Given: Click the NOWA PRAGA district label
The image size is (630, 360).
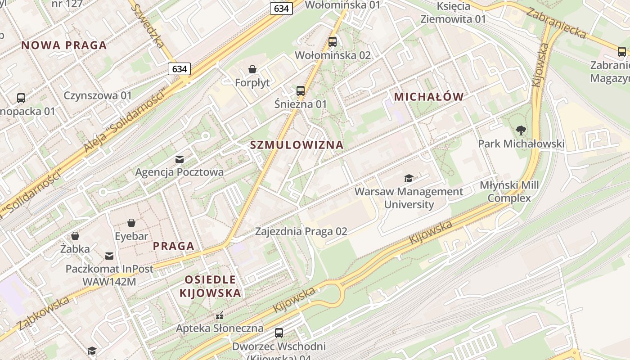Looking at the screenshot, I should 64,45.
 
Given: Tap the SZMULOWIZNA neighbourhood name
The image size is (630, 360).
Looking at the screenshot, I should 297,145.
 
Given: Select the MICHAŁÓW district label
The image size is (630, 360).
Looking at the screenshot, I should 428,97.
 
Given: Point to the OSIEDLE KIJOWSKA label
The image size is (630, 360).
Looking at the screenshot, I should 210,287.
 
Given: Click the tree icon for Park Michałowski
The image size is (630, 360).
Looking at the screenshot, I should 521,131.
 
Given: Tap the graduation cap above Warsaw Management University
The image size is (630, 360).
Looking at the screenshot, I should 409,179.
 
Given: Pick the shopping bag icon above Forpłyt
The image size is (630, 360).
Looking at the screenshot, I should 252,69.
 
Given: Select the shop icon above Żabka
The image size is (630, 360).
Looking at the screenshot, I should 75,236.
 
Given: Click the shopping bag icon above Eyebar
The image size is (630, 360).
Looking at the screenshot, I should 131,223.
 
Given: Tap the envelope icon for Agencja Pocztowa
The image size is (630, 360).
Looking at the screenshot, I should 180,159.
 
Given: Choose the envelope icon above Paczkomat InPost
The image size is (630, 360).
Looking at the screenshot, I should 109,256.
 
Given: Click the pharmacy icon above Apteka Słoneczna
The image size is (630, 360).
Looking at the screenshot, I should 220,315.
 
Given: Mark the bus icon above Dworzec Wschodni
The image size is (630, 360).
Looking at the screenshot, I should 279,333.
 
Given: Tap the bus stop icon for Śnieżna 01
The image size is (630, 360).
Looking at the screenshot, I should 301,91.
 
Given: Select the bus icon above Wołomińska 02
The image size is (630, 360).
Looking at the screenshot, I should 333,42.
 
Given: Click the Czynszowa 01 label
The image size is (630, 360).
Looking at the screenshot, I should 98,95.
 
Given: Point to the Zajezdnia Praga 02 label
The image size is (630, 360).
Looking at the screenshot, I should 301,231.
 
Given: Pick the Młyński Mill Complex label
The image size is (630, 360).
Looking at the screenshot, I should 509,192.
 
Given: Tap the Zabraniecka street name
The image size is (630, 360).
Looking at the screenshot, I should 557,24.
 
